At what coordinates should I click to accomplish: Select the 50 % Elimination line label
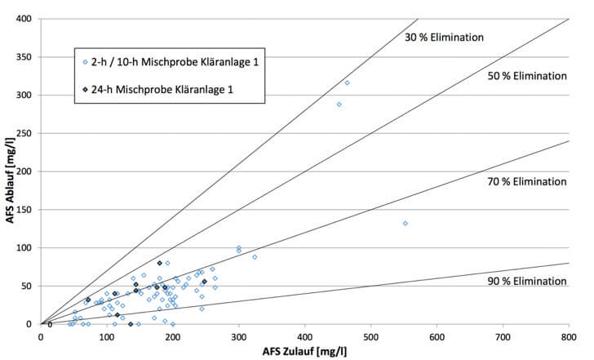[x=526, y=76]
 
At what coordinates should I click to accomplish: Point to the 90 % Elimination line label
[x=526, y=281]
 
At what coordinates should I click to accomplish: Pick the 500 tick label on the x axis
[x=370, y=335]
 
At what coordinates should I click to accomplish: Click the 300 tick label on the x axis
[x=238, y=335]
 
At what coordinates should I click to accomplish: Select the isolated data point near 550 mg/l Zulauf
[x=406, y=223]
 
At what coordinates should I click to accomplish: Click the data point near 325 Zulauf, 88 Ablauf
[x=255, y=257]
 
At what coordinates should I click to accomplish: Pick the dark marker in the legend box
[x=85, y=89]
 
